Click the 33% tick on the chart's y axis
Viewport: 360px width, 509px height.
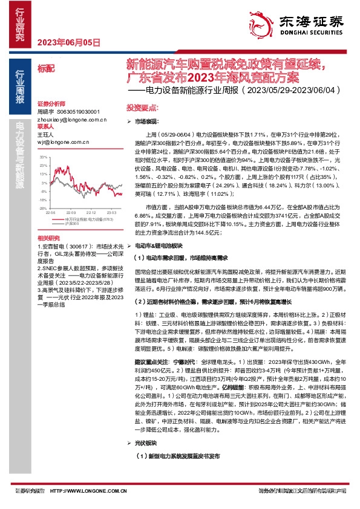pyautogui.click(x=42, y=157)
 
